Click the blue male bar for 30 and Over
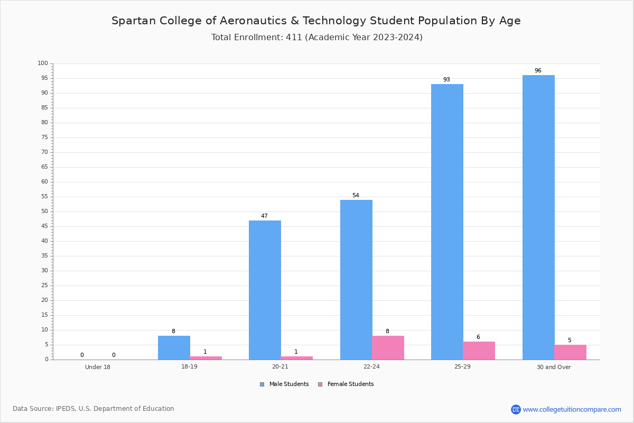pyautogui.click(x=538, y=217)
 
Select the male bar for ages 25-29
pyautogui.click(x=447, y=222)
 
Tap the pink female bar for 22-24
pyautogui.click(x=388, y=347)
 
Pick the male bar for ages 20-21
pyautogui.click(x=265, y=290)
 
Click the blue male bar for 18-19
pyautogui.click(x=174, y=347)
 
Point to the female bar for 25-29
pyautogui.click(x=479, y=351)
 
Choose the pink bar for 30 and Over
pyautogui.click(x=570, y=352)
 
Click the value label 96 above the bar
pyautogui.click(x=538, y=70)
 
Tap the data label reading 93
pyautogui.click(x=446, y=80)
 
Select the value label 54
pyautogui.click(x=356, y=195)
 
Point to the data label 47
pyautogui.click(x=264, y=216)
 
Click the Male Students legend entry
pyautogui.click(x=284, y=384)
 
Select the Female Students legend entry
pyautogui.click(x=346, y=384)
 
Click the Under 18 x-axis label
pyautogui.click(x=98, y=367)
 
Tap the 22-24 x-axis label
pyautogui.click(x=371, y=366)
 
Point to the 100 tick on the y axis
pyautogui.click(x=43, y=63)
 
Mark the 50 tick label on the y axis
pyautogui.click(x=45, y=212)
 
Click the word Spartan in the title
pyautogui.click(x=134, y=21)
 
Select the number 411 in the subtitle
pyautogui.click(x=294, y=38)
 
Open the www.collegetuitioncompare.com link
pyautogui.click(x=572, y=409)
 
